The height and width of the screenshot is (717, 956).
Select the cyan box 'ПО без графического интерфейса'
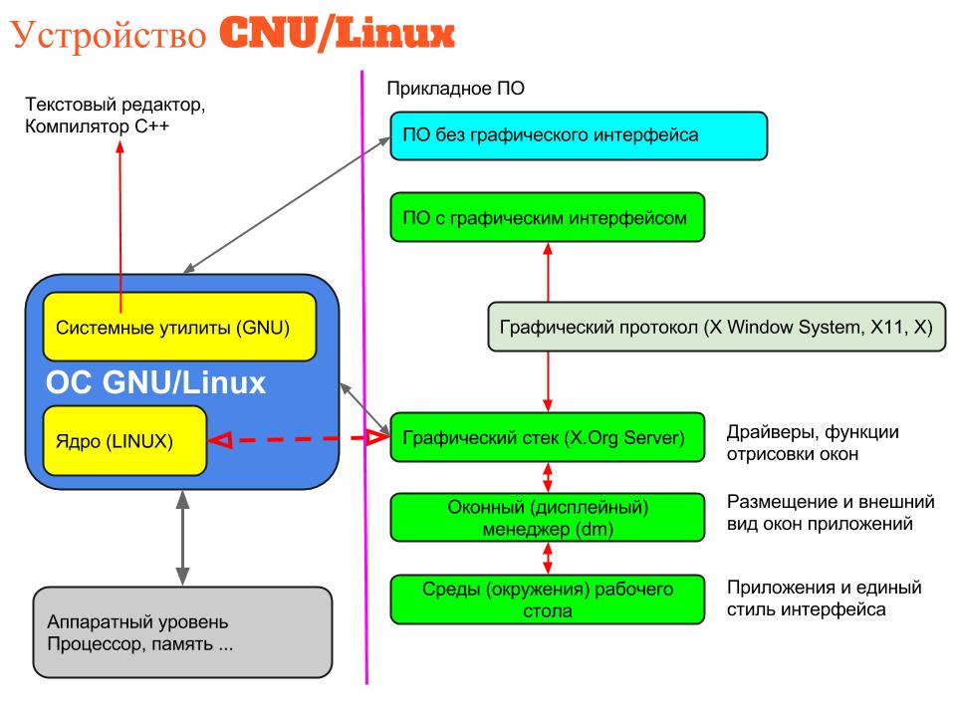coord(579,135)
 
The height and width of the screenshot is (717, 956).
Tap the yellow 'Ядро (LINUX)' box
coord(124,440)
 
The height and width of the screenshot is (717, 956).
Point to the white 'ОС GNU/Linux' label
coord(155,383)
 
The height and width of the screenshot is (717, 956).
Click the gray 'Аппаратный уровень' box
coord(181,632)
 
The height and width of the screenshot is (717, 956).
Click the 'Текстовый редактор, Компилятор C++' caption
coord(120,115)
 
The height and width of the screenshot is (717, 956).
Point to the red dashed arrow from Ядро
coord(299,437)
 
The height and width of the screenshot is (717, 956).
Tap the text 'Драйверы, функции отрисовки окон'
coord(813,443)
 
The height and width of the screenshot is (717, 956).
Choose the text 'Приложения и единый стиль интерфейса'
coord(825,597)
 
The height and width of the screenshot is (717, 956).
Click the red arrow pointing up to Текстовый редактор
coord(120,229)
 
